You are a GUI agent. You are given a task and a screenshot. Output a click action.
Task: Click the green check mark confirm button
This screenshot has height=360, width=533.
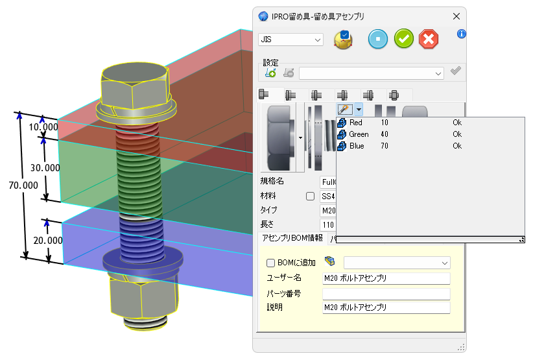pyautogui.click(x=403, y=39)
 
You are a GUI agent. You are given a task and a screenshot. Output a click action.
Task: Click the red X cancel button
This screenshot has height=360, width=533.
pyautogui.click(x=428, y=39)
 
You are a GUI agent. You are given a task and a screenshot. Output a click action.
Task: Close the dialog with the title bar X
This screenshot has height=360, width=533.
pyautogui.click(x=456, y=16)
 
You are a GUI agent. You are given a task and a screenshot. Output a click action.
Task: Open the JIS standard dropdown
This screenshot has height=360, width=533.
pyautogui.click(x=290, y=40)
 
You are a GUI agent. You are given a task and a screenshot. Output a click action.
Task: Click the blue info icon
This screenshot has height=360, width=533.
pyautogui.click(x=462, y=34)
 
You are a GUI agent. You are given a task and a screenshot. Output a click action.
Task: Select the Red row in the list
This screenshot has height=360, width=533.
pyautogui.click(x=356, y=123)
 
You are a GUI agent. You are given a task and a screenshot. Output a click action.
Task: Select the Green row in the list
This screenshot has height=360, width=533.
pyautogui.click(x=359, y=134)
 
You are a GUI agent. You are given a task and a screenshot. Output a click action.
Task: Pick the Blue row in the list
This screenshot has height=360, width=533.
pyautogui.click(x=356, y=146)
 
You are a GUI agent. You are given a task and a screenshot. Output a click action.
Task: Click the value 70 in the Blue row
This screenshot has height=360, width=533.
pyautogui.click(x=385, y=146)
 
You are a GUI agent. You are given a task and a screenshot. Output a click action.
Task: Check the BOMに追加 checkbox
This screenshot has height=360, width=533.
pyautogui.click(x=271, y=263)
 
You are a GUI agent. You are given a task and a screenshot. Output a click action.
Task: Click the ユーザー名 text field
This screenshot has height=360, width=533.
pyautogui.click(x=386, y=278)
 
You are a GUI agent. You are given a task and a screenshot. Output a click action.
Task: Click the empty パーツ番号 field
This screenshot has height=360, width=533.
pyautogui.click(x=386, y=293)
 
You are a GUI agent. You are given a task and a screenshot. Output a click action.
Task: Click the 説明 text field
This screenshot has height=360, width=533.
pyautogui.click(x=386, y=307)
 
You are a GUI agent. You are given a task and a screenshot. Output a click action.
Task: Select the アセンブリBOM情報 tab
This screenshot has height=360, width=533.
pyautogui.click(x=292, y=238)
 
